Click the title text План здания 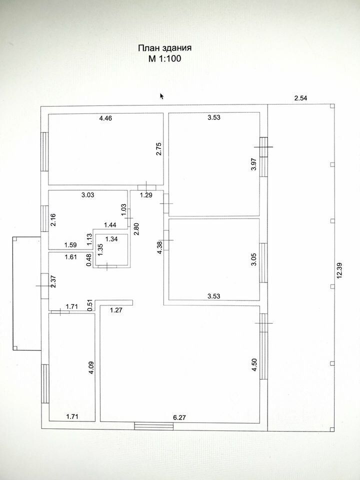pyautogui.click(x=164, y=48)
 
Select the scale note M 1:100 pyautogui.click(x=164, y=58)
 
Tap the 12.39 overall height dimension pyautogui.click(x=339, y=270)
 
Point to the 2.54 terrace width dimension pyautogui.click(x=300, y=98)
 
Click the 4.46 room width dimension pyautogui.click(x=105, y=118)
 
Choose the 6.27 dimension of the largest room pyautogui.click(x=179, y=417)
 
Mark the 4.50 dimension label pyautogui.click(x=254, y=365)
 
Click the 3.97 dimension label pyautogui.click(x=254, y=164)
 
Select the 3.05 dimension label pyautogui.click(x=254, y=259)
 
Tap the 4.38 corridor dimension pyautogui.click(x=159, y=248)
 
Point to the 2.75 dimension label pyautogui.click(x=159, y=149)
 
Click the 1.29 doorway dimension pyautogui.click(x=146, y=195)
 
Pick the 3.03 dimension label pyautogui.click(x=88, y=194)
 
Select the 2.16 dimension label pyautogui.click(x=53, y=219)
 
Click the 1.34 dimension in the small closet pyautogui.click(x=111, y=239)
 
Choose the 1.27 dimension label pyautogui.click(x=116, y=310)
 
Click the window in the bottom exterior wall pyautogui.click(x=154, y=426)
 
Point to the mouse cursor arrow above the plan pyautogui.click(x=162, y=96)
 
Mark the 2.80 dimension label pyautogui.click(x=136, y=228)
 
